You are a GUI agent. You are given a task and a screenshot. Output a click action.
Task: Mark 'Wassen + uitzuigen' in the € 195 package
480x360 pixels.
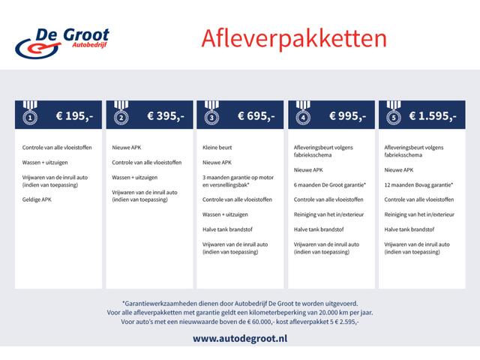pyautogui.click(x=47, y=162)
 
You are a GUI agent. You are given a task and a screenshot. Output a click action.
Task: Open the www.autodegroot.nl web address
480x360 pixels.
pyautogui.click(x=239, y=339)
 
